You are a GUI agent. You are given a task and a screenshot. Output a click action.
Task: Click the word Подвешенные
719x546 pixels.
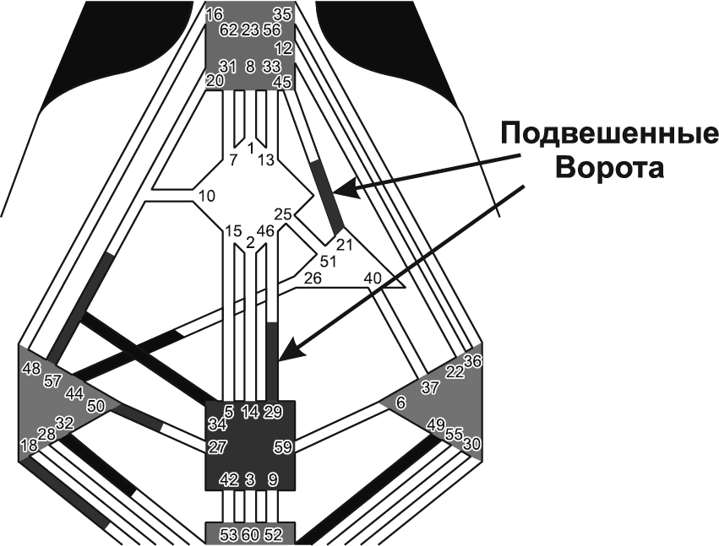(608, 135)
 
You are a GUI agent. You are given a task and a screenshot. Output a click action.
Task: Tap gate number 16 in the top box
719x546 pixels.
(215, 14)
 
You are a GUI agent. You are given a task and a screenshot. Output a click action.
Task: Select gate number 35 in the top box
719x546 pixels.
(283, 14)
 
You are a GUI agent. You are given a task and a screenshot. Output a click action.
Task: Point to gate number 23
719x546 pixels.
(250, 30)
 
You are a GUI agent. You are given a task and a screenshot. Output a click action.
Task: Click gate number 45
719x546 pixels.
(283, 82)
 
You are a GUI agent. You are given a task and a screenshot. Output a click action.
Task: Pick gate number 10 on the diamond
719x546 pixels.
(207, 197)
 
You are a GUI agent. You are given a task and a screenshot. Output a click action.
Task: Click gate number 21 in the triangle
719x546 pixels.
(344, 245)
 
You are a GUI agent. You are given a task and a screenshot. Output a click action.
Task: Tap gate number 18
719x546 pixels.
(27, 445)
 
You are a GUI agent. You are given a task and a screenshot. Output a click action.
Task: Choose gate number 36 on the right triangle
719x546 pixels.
(472, 361)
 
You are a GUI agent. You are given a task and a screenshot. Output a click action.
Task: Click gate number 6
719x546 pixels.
(400, 403)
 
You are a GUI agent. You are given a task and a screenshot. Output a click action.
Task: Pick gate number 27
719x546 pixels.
(217, 446)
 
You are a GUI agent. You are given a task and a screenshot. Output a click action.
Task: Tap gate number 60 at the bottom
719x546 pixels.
(250, 533)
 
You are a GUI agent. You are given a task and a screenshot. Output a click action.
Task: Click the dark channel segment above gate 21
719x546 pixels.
(326, 194)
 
